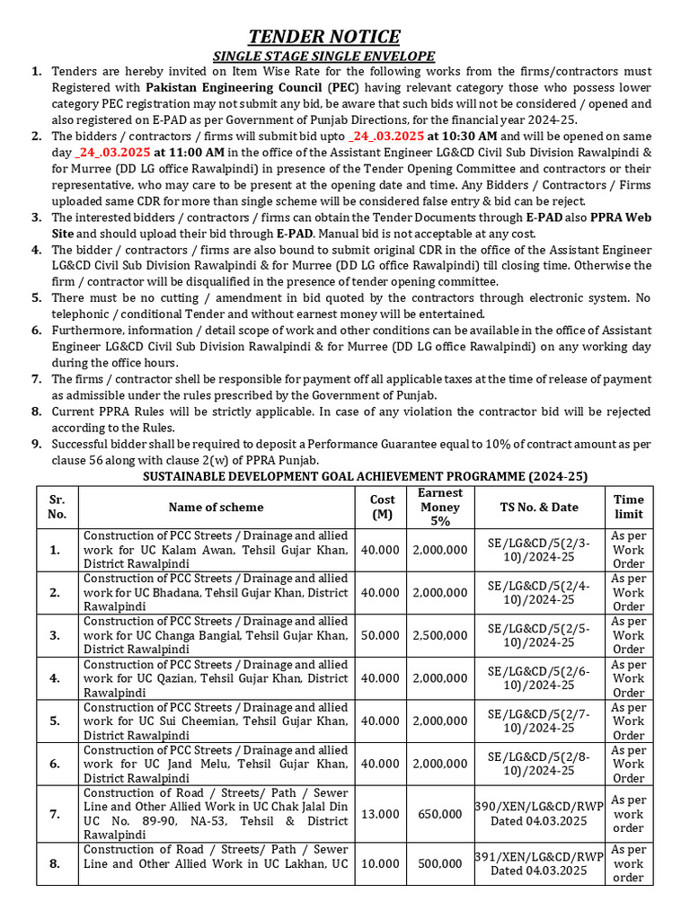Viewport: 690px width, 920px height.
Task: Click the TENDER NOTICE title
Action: click(323, 37)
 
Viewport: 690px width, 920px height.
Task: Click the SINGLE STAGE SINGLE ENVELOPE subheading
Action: click(323, 57)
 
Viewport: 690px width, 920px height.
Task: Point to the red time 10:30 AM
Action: click(453, 136)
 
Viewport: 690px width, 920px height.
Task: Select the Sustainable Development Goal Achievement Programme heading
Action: click(366, 476)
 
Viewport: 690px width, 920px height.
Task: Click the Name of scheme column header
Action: click(215, 507)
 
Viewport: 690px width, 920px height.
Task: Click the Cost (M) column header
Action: click(382, 507)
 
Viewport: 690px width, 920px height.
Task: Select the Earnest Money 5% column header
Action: click(440, 507)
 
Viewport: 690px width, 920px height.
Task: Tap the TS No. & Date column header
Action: click(539, 507)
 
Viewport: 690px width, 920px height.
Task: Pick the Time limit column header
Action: click(629, 507)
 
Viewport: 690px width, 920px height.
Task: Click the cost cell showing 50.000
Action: click(382, 635)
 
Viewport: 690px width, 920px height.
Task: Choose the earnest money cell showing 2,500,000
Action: click(440, 635)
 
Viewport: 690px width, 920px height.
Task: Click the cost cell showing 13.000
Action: click(382, 814)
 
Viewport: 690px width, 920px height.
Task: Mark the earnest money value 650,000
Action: click(440, 814)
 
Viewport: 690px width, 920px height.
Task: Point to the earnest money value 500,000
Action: click(440, 863)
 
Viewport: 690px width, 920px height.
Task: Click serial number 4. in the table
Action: click(55, 678)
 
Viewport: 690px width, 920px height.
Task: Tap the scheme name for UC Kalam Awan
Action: click(215, 549)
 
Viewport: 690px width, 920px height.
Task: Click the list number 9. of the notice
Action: click(36, 444)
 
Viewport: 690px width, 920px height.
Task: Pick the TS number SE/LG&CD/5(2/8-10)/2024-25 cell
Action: click(539, 764)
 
